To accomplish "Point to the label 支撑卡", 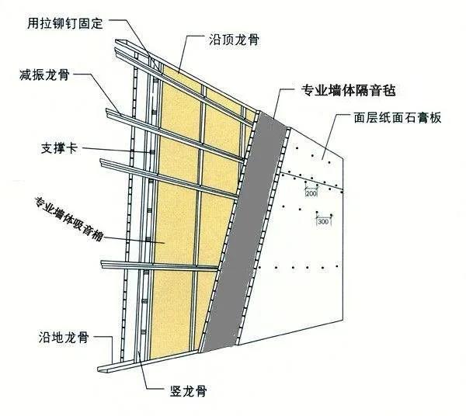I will pos(56,146).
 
